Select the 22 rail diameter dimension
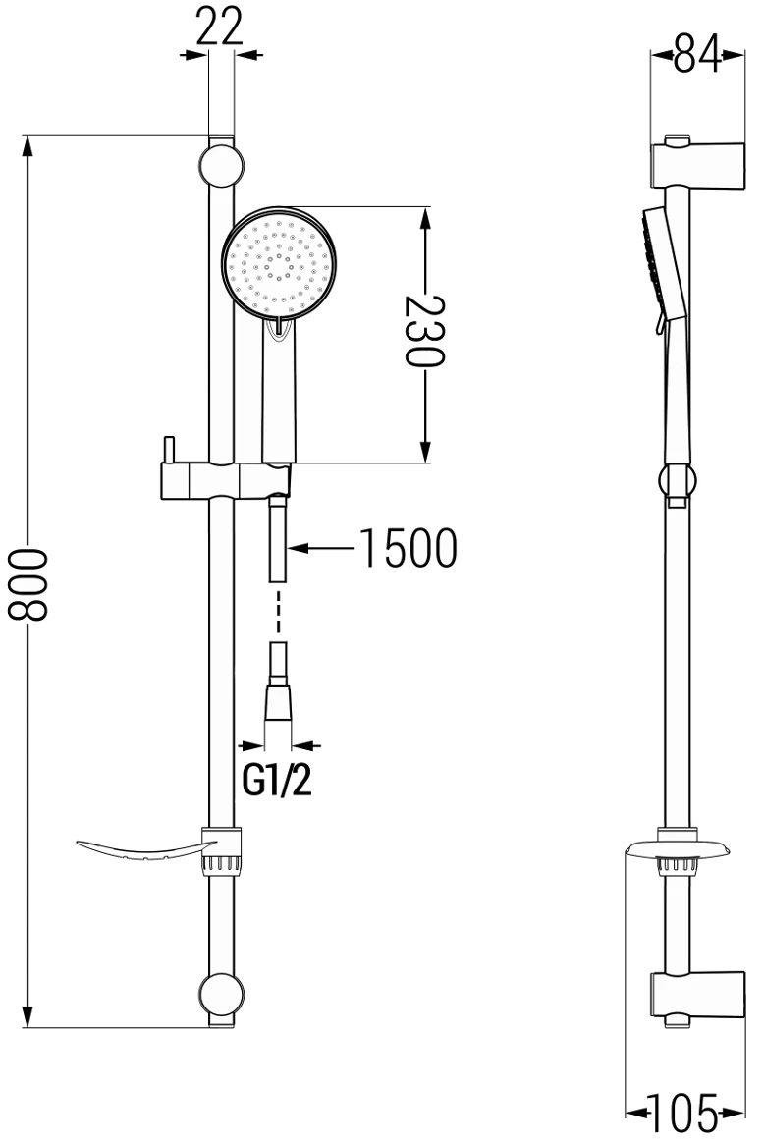click(218, 28)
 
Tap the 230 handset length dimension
click(424, 330)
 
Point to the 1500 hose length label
click(407, 549)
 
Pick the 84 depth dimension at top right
click(696, 57)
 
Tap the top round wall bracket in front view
click(221, 165)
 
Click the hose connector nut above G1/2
click(278, 702)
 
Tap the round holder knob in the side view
click(677, 481)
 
